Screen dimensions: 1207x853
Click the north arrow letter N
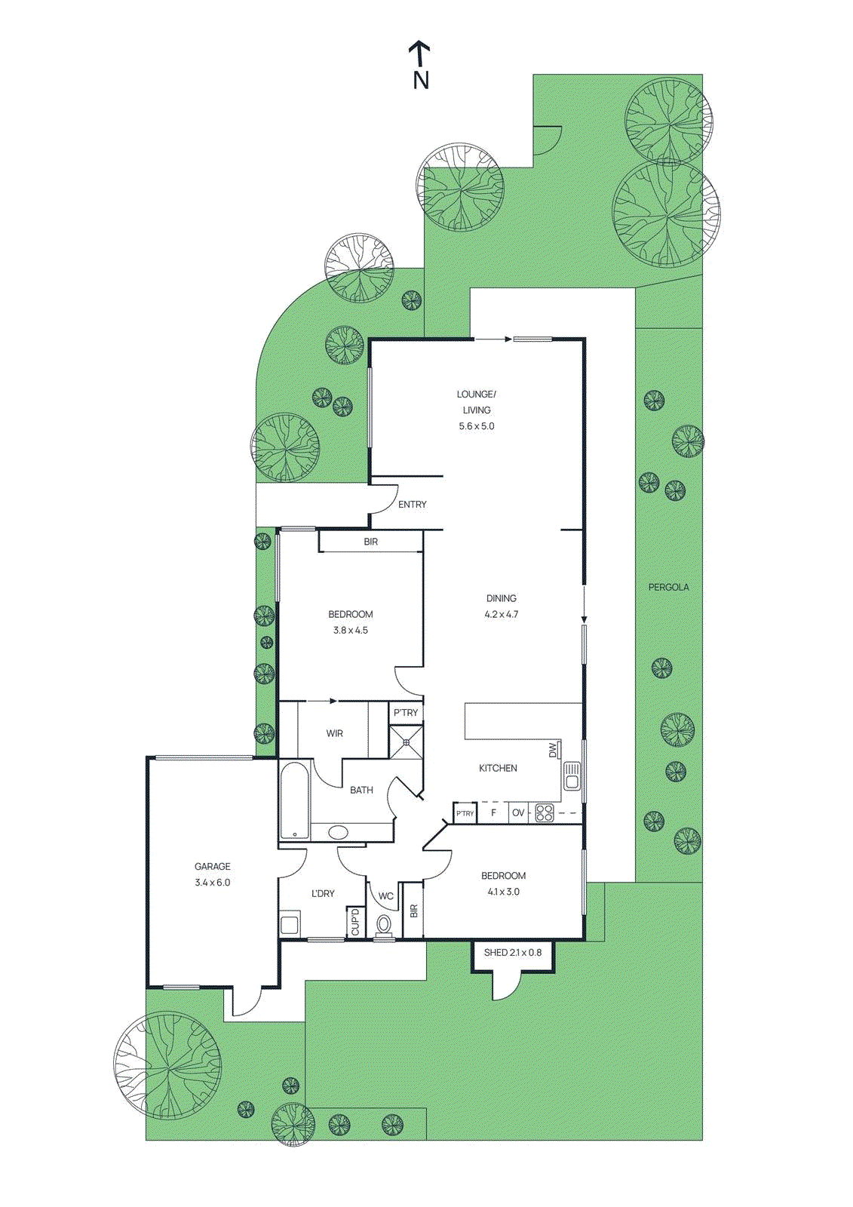point(421,79)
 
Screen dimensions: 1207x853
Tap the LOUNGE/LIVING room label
point(476,402)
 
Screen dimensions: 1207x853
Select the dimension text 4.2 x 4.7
point(502,615)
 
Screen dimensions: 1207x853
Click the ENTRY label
point(413,505)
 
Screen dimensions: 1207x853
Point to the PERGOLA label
point(668,587)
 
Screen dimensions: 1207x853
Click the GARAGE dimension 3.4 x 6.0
point(213,883)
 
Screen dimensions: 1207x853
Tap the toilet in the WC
point(385,925)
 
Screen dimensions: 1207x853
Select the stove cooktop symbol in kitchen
point(545,813)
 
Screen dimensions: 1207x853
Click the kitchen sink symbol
point(572,775)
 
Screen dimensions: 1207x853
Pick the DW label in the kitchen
point(553,750)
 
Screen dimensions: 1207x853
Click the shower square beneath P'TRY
point(406,742)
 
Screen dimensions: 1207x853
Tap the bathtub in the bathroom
point(294,800)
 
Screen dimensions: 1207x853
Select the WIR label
point(335,733)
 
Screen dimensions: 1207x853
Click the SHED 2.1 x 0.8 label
point(513,953)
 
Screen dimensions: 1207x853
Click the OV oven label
point(518,813)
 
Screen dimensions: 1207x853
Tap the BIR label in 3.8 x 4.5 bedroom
point(371,542)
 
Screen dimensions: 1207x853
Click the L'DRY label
point(323,894)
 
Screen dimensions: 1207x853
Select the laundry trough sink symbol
point(290,924)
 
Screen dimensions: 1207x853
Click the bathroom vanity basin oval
point(338,833)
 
